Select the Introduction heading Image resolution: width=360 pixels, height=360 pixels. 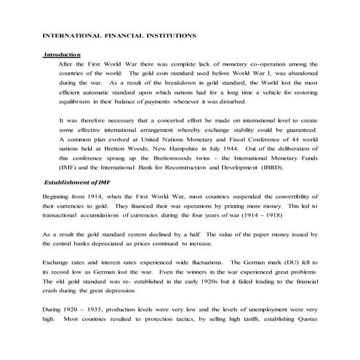61,55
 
